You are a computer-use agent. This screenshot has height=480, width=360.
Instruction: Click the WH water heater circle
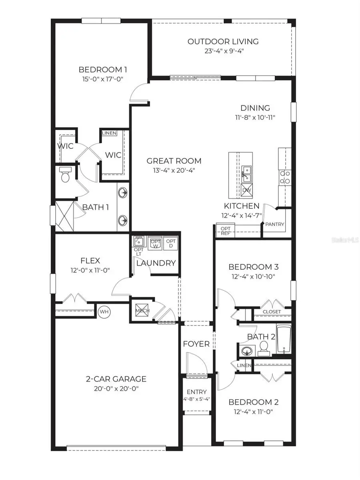coord(104,311)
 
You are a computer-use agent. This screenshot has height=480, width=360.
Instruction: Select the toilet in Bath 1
coord(65,175)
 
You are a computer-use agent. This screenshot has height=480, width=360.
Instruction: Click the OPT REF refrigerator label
coord(225,231)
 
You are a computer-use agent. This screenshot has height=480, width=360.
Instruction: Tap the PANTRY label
coord(274,224)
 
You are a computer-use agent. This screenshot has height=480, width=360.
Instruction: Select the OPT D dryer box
coord(171,243)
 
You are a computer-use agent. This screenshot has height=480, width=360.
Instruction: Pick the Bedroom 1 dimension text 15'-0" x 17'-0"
coord(100,79)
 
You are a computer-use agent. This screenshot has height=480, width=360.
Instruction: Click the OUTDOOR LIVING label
coord(223,41)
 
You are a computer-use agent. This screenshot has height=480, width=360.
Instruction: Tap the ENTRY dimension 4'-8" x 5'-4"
coord(196,399)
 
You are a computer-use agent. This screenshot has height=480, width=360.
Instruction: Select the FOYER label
coord(196,344)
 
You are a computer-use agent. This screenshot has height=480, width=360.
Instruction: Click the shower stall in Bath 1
coord(64,216)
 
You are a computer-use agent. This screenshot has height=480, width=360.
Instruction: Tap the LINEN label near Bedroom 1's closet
coord(109,133)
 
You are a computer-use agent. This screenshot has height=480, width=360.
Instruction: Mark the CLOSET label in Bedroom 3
coord(272,312)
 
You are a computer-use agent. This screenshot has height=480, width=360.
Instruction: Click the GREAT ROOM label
coord(174,161)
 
